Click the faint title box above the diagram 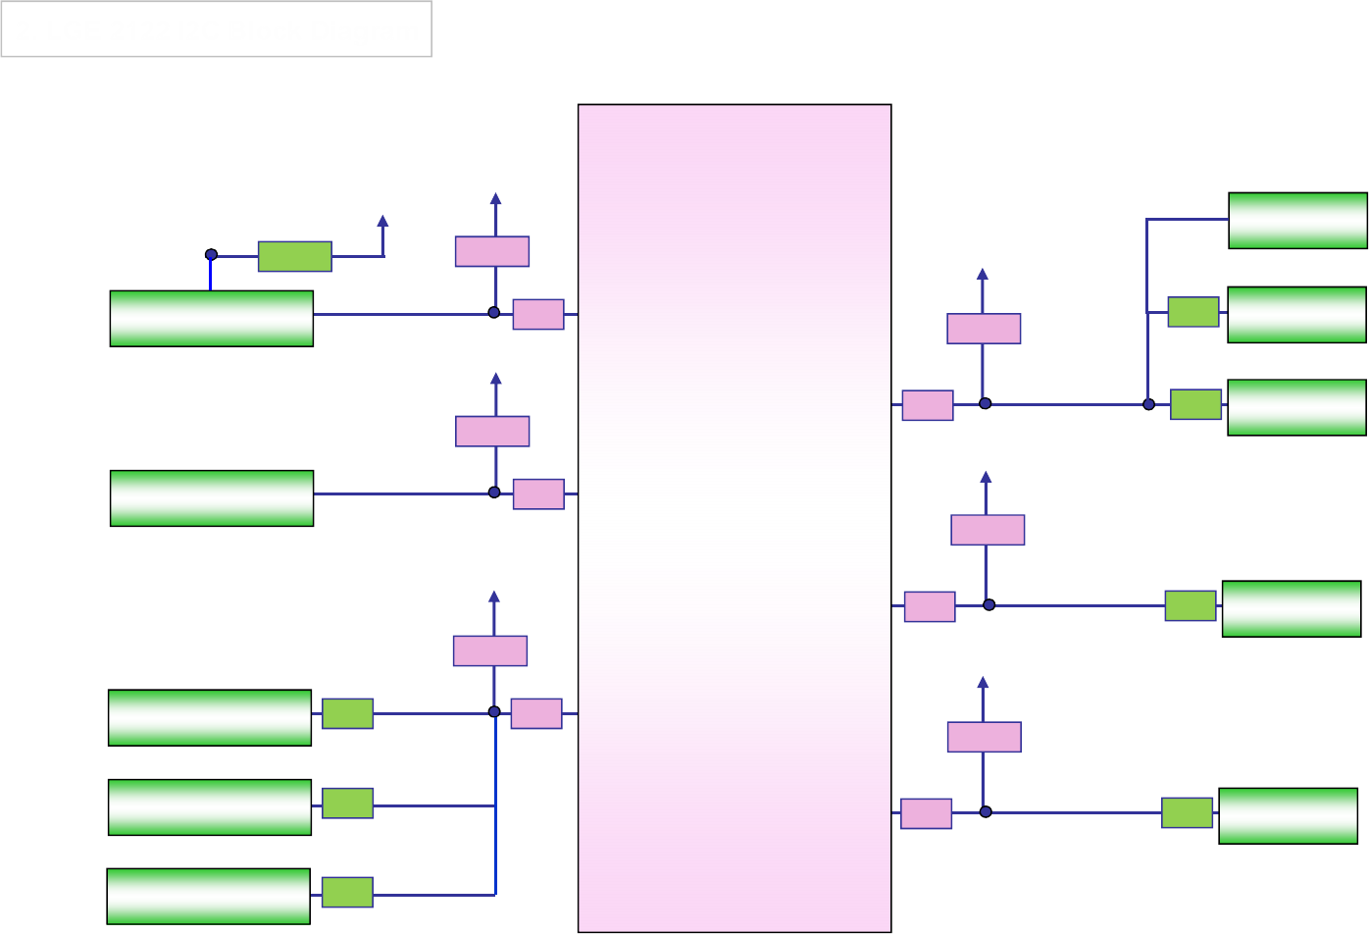tap(217, 28)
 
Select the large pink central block tap(735, 517)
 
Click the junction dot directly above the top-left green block tap(211, 255)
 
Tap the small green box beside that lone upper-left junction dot tap(295, 256)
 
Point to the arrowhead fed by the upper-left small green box tap(382, 222)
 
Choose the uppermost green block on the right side tap(1297, 220)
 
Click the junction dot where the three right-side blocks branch tap(1148, 404)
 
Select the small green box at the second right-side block tap(1193, 312)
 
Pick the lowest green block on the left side tap(209, 896)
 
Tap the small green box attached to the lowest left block tap(347, 892)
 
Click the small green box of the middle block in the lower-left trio tap(347, 803)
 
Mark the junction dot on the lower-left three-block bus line tap(494, 712)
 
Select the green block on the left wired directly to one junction tap(212, 498)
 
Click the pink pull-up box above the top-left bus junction tap(492, 251)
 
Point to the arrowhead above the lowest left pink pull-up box tap(494, 597)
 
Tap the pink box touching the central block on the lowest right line tap(926, 813)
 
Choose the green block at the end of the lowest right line tap(1288, 815)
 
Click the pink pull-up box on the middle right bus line tap(988, 530)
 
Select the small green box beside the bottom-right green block tap(1187, 812)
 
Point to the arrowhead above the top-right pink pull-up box tap(983, 275)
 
